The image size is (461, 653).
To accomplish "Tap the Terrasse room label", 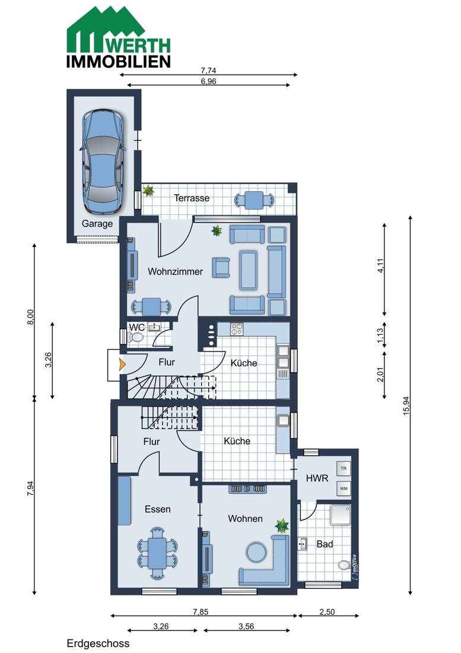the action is [x=192, y=198].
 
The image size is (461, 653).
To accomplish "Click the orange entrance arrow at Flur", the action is [x=122, y=364].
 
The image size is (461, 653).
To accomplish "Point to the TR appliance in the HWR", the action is [x=344, y=468].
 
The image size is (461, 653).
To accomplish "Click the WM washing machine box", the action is [x=344, y=489].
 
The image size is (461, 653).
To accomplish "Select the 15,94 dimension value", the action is [x=406, y=405].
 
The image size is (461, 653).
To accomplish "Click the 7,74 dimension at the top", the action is [x=208, y=71].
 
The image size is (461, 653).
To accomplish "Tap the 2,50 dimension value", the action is [x=327, y=612].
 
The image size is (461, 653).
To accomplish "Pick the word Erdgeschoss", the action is [x=98, y=644].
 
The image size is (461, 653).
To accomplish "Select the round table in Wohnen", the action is [x=256, y=552].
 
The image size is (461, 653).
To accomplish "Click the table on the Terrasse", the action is [x=254, y=200].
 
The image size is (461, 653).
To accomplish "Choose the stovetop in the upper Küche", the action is [x=237, y=329].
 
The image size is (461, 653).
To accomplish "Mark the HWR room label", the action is [x=317, y=478].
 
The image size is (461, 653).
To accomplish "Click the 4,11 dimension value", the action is [x=380, y=265].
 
